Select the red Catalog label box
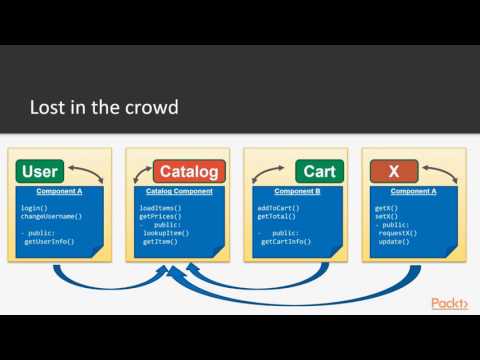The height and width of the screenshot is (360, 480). click(x=190, y=172)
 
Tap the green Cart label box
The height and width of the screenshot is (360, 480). click(x=318, y=172)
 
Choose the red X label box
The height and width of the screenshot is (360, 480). click(x=392, y=172)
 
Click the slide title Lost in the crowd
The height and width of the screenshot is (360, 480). click(x=104, y=107)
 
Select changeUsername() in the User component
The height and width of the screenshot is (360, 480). click(x=51, y=216)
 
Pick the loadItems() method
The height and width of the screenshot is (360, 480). click(x=159, y=208)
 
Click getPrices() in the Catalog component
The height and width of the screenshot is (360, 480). click(x=159, y=216)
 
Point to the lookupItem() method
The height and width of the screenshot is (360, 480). click(x=168, y=233)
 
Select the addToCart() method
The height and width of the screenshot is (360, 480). click(x=279, y=208)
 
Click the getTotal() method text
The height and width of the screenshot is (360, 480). click(x=275, y=216)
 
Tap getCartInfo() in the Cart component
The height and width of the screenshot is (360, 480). click(x=285, y=241)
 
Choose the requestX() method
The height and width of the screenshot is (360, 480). click(x=399, y=233)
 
